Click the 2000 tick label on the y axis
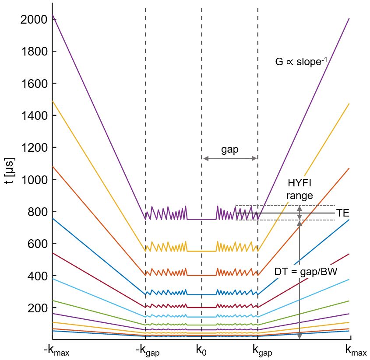34,20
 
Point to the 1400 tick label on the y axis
34,116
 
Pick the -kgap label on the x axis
147,351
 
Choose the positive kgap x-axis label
262,351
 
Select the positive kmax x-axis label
356,351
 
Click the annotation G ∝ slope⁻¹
301,62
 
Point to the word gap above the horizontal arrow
230,150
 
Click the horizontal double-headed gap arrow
230,158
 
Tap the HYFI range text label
300,189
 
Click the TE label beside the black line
342,213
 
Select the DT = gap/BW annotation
306,272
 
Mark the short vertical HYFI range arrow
300,213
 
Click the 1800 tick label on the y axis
34,52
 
